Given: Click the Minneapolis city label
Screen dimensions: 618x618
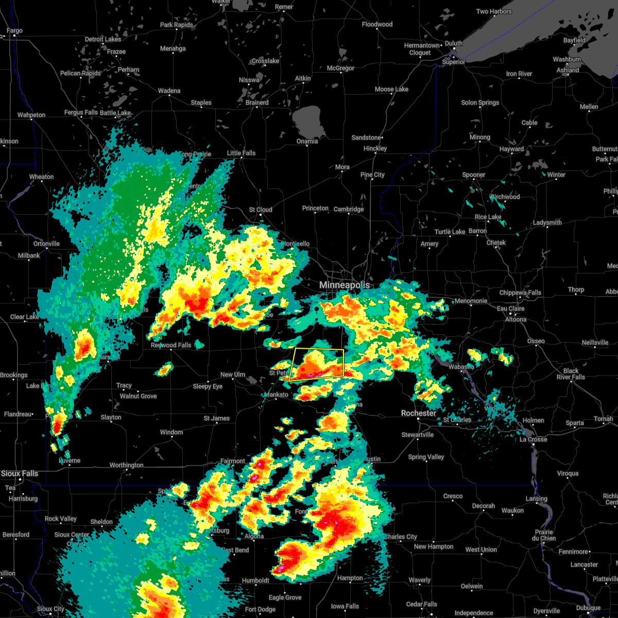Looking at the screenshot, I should click(x=345, y=285).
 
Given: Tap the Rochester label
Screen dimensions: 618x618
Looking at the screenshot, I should click(x=419, y=413).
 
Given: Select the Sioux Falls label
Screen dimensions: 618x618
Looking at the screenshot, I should click(x=20, y=473).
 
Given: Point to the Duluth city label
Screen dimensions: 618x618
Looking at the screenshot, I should click(x=454, y=44).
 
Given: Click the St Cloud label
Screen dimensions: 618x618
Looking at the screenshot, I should click(x=261, y=210).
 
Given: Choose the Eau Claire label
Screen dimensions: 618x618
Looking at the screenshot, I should click(x=511, y=308).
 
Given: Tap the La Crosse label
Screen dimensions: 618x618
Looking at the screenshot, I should click(x=533, y=439).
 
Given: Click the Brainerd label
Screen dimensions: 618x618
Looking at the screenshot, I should click(x=257, y=102).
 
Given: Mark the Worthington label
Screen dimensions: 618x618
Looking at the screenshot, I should click(x=127, y=465).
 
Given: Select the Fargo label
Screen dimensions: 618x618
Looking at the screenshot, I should click(x=15, y=31).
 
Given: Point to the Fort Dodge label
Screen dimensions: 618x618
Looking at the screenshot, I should click(x=260, y=609).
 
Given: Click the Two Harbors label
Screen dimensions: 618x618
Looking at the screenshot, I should click(x=494, y=11).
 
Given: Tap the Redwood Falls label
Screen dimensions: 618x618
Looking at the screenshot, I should click(x=171, y=345).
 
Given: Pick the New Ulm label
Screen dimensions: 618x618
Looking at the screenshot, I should click(x=233, y=374).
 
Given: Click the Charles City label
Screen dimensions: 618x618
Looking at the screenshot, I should click(x=401, y=537).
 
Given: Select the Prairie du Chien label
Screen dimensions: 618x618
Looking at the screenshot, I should click(x=544, y=535).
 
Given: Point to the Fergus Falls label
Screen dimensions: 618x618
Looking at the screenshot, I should click(x=81, y=112).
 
